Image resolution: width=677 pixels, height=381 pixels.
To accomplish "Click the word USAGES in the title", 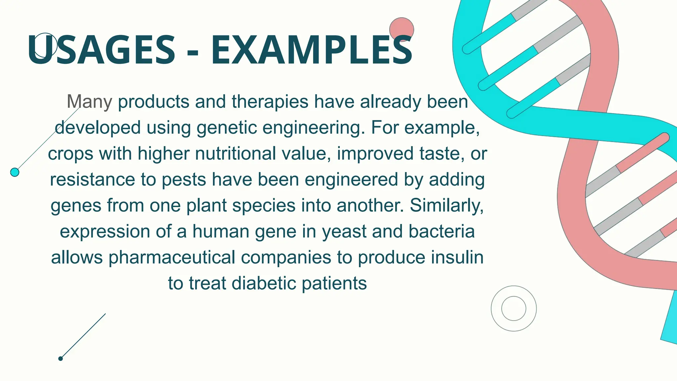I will point(101,50).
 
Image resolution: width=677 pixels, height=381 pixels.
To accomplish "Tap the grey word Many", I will point(90,102).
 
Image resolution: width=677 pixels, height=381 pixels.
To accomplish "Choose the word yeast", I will point(344,232).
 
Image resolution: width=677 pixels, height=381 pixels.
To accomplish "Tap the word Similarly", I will point(447,206).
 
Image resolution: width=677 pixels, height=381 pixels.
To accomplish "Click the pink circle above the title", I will point(401,29).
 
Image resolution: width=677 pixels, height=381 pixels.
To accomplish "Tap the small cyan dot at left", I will point(15,172).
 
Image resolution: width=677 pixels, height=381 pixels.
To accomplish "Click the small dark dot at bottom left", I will point(60,359).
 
